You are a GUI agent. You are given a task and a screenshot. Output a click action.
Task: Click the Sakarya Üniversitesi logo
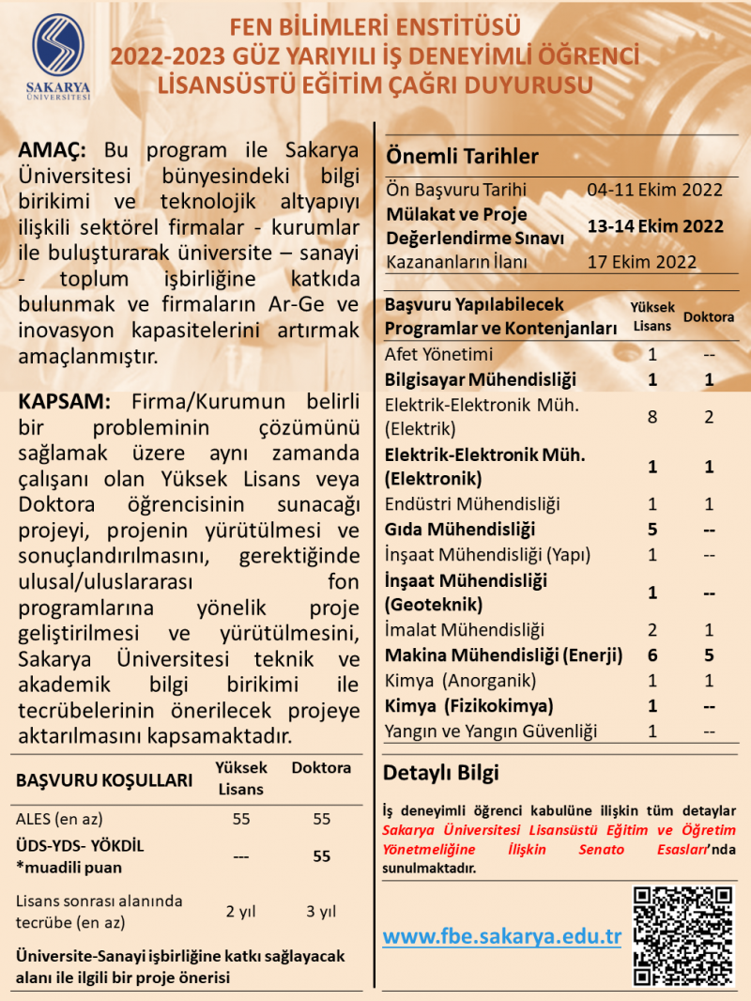[60, 54]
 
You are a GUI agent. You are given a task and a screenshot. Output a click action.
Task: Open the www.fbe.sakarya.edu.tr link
[502, 936]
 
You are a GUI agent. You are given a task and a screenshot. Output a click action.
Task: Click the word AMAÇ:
[53, 151]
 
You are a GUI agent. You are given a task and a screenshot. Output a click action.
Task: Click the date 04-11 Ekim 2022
[654, 190]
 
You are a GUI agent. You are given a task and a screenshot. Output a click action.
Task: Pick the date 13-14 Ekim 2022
[654, 226]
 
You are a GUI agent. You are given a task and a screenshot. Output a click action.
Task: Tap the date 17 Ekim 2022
[641, 262]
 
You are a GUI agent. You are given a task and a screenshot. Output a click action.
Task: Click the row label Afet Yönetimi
[438, 355]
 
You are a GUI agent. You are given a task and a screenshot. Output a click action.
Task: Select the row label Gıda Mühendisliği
[460, 529]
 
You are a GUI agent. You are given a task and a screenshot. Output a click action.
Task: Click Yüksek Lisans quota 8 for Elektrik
[652, 417]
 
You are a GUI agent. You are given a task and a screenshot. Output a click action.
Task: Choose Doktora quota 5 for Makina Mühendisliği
[710, 655]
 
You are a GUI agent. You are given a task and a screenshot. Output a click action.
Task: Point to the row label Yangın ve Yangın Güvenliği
[491, 731]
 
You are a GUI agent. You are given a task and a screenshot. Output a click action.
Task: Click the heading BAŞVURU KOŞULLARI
[104, 780]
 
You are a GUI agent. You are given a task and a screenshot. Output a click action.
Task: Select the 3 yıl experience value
[321, 911]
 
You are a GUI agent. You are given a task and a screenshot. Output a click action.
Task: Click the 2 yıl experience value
[241, 911]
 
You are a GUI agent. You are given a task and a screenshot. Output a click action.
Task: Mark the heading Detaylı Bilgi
[441, 774]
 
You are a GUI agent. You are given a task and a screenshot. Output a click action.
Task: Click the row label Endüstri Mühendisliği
[472, 504]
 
